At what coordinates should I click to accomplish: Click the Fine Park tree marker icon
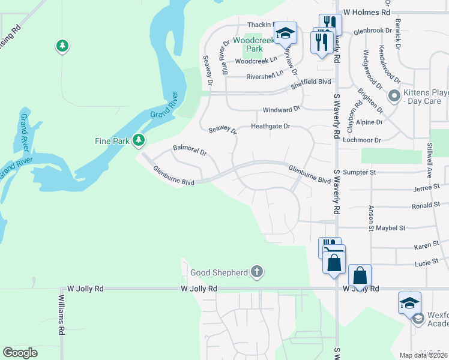coord(139,140)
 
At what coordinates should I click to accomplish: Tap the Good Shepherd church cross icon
coord(257,272)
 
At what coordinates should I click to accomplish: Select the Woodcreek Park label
coord(248,44)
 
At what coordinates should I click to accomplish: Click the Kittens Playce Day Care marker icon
coord(394,95)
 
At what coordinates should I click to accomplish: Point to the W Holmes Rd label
coord(366,11)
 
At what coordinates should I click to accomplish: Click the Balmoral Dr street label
coord(190,149)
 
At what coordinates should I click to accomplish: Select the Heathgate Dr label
coord(270,127)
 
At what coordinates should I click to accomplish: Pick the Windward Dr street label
coord(281,110)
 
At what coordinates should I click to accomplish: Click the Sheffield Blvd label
coord(311,82)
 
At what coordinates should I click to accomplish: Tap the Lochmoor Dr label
coord(362,140)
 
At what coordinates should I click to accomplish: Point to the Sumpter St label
coord(359,172)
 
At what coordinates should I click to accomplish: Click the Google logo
coord(20,353)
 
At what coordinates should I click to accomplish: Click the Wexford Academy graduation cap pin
coord(409,303)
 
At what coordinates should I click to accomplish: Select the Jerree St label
coord(427,188)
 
